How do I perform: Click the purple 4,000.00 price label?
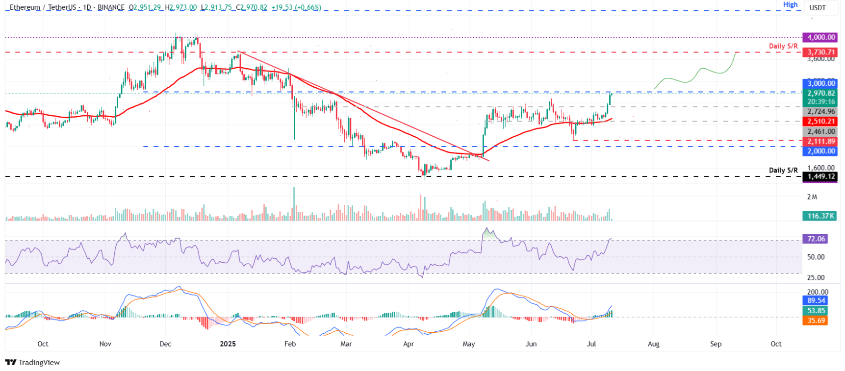point(820,37)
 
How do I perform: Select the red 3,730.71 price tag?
point(820,52)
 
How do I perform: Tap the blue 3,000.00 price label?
point(820,83)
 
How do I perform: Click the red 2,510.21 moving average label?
point(820,122)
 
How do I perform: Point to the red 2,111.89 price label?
point(820,141)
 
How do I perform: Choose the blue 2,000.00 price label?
point(820,151)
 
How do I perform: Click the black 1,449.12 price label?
point(820,176)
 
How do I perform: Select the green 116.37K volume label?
point(820,216)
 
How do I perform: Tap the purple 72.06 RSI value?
point(816,239)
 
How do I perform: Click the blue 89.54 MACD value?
point(816,300)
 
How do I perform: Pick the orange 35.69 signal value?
point(816,321)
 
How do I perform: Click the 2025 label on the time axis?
point(228,344)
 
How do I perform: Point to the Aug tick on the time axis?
point(653,344)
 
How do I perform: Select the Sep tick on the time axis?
point(716,344)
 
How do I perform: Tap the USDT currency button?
point(818,8)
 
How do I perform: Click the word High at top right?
point(790,5)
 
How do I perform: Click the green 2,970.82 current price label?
point(820,93)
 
